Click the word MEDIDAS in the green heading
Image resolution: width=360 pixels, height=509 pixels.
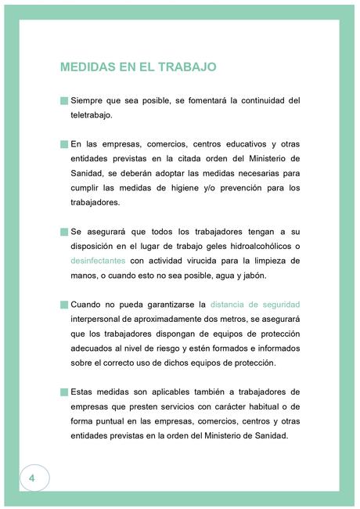pos(87,67)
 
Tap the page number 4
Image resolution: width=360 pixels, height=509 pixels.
pos(32,478)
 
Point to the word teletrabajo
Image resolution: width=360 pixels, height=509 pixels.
pos(91,115)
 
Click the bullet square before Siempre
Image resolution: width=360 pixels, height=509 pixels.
pos(64,101)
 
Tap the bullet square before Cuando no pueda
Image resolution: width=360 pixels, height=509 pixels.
pos(64,304)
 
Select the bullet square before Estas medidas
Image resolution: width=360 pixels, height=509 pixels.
pos(64,392)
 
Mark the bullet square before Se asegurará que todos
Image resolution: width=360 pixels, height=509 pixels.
pos(64,232)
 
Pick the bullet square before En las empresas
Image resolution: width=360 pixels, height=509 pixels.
pos(64,144)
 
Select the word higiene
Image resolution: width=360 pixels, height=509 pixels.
pos(176,188)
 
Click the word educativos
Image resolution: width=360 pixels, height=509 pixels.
pos(236,144)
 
